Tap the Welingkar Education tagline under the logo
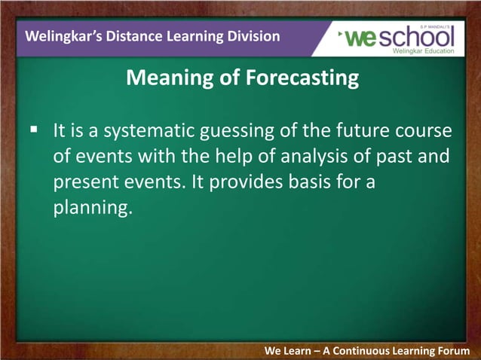coord(424,51)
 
